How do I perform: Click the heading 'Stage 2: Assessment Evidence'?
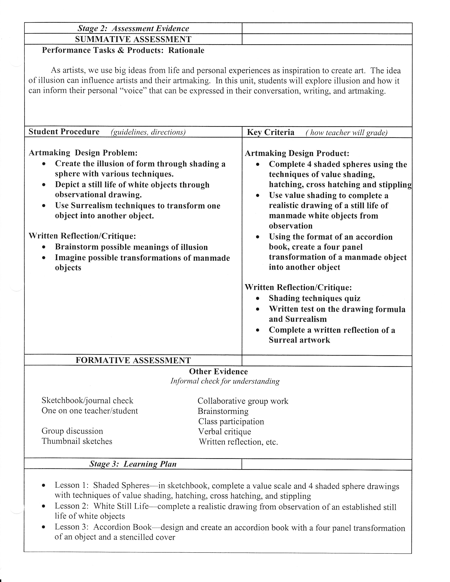[133, 29]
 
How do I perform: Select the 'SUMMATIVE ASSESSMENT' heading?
[133, 40]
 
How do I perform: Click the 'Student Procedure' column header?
[64, 132]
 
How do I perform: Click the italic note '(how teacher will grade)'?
[347, 133]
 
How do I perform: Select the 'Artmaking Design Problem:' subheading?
[83, 153]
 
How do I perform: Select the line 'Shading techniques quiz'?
[315, 298]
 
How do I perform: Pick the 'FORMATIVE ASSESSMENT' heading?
[133, 360]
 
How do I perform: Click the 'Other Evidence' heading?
[218, 371]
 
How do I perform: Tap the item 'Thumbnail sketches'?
[77, 441]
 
